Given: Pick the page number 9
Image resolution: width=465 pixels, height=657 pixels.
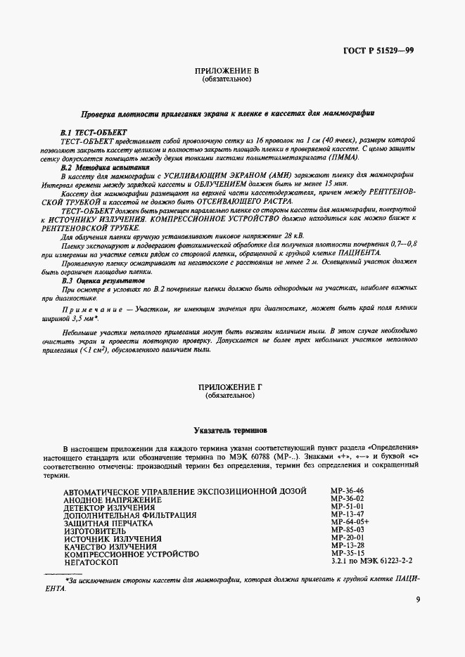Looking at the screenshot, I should coord(418,599).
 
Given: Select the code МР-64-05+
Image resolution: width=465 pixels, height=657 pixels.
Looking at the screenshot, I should coord(350,523).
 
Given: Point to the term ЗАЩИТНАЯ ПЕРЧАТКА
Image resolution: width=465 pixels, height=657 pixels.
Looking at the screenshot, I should coord(108,523).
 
